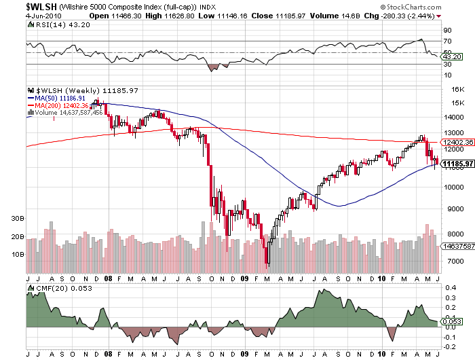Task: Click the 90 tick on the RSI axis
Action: click(x=446, y=31)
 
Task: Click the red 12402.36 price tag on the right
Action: click(x=455, y=143)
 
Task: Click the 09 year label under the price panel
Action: click(x=245, y=278)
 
